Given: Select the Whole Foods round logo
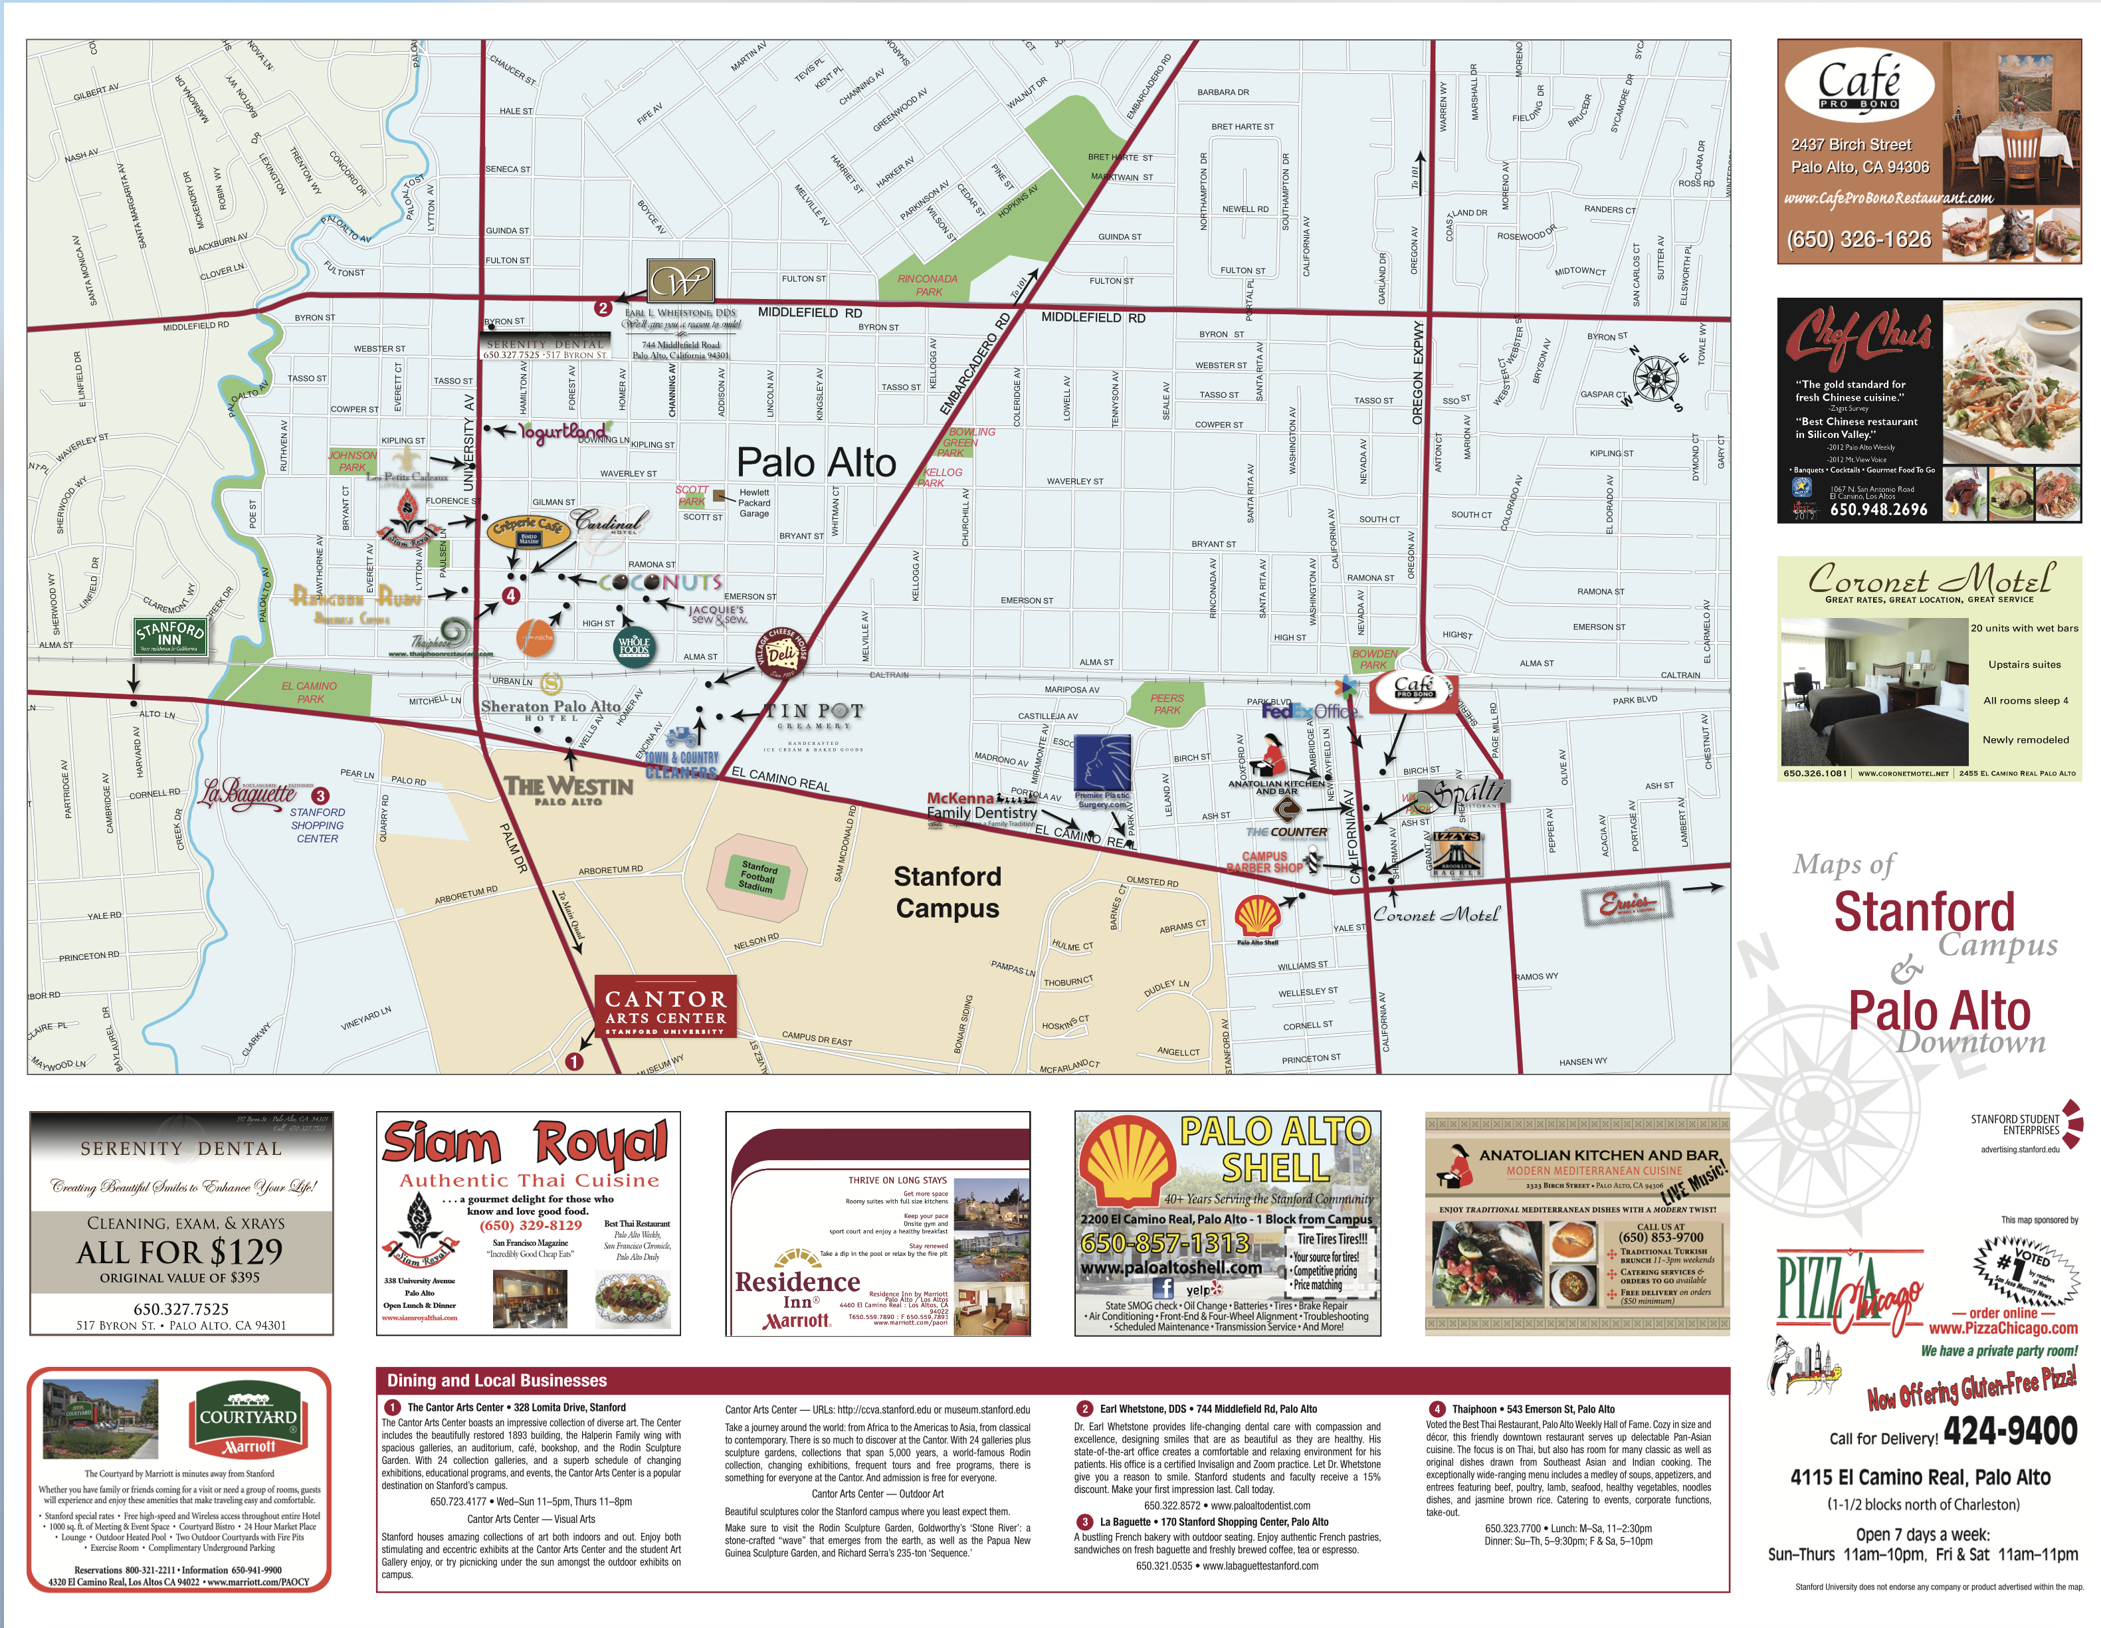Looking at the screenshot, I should [634, 647].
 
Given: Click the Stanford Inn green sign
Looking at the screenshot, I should [170, 636].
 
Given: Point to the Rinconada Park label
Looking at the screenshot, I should [928, 285].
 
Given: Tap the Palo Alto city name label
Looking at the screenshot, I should [816, 462].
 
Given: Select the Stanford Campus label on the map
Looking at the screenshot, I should [948, 892].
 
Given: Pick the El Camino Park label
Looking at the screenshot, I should [309, 693].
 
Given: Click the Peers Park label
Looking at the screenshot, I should [1167, 704].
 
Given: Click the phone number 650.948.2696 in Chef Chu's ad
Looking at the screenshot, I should [1878, 510].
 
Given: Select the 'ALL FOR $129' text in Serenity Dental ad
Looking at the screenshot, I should [180, 1252].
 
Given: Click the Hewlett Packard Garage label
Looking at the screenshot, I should [754, 502].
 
